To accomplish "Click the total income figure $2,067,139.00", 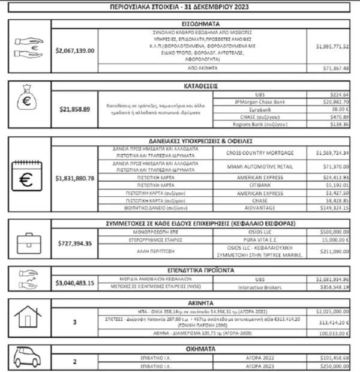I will coord(75,50).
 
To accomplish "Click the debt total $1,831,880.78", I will coord(75,178).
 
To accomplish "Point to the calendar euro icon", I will coord(28,178).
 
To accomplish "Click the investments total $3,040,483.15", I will coord(75,283).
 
